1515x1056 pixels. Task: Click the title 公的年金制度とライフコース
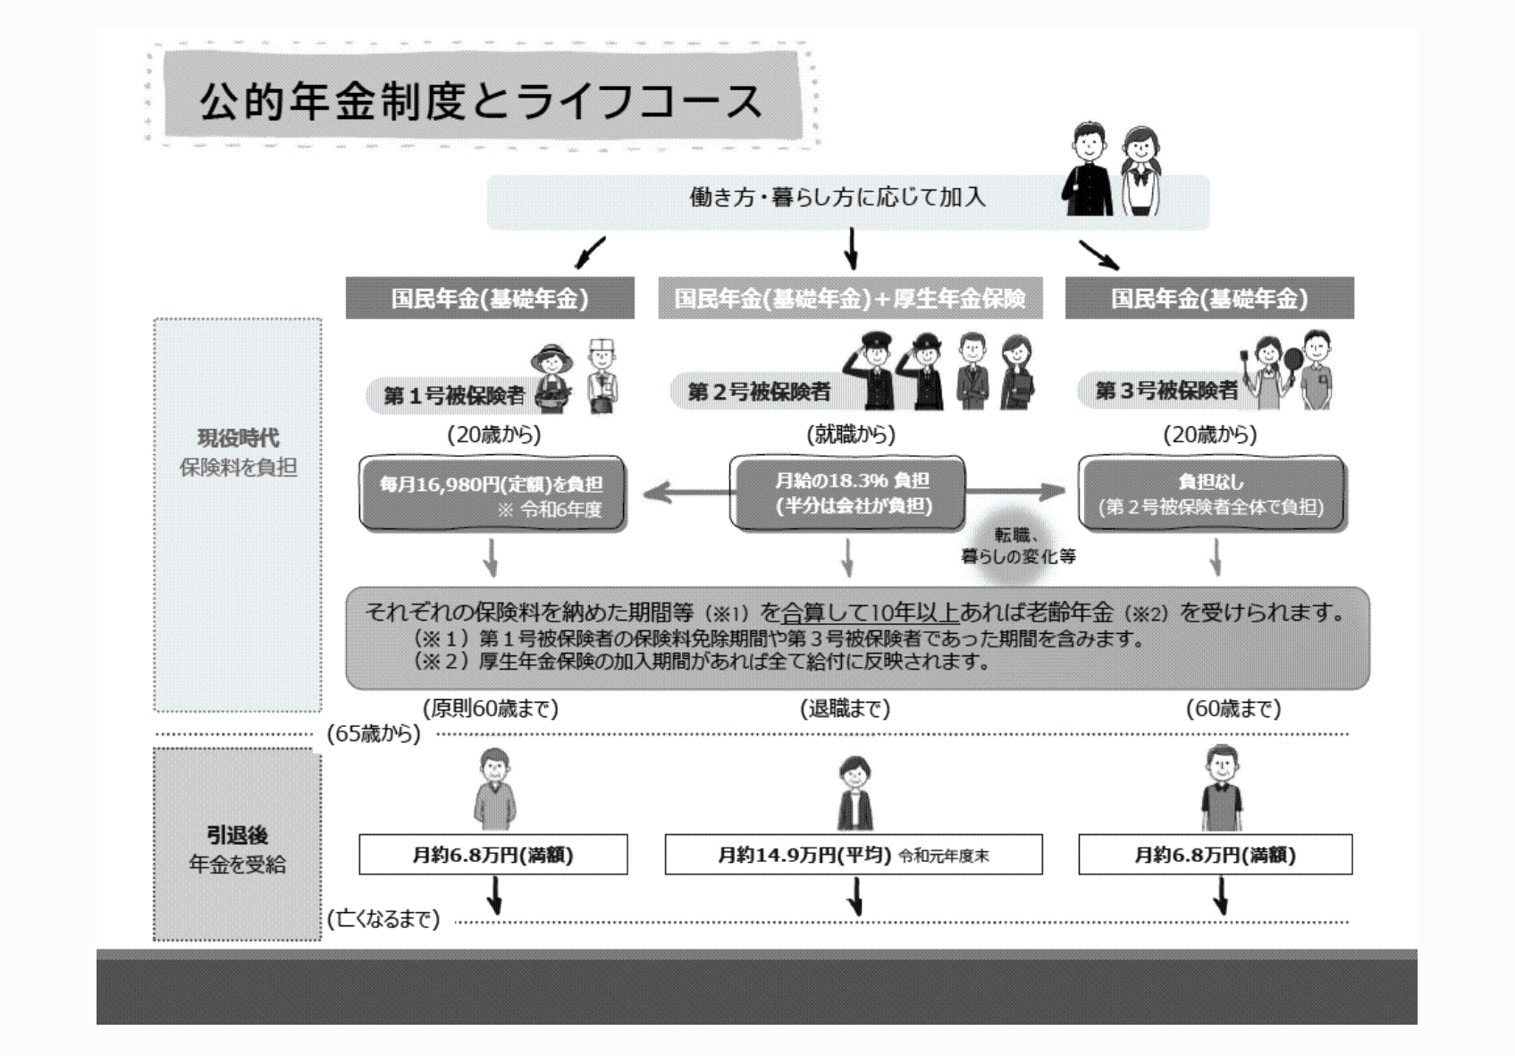pos(480,101)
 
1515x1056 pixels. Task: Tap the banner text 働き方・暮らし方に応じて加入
pos(837,198)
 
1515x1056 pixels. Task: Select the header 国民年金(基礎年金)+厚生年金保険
pos(849,299)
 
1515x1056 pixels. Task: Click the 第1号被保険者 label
pos(454,395)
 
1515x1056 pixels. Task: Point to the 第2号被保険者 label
pos(759,392)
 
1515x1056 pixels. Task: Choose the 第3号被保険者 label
pos(1166,391)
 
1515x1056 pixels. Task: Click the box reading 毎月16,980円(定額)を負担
pos(492,494)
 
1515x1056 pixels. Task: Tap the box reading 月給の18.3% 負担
pos(847,493)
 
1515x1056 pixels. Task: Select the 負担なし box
pos(1211,494)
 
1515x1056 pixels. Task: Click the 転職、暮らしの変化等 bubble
pos(1018,545)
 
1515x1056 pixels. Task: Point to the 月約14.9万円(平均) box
pos(853,855)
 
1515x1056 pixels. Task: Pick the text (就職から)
pos(851,435)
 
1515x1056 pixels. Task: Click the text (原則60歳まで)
pos(491,709)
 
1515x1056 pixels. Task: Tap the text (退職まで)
pos(845,709)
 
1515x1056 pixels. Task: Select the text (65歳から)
pos(374,734)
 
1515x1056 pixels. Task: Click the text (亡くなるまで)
pos(383,919)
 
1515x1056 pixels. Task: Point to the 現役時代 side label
pos(238,438)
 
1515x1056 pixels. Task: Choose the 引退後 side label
pos(238,835)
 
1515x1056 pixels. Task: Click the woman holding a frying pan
pos(1269,370)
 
